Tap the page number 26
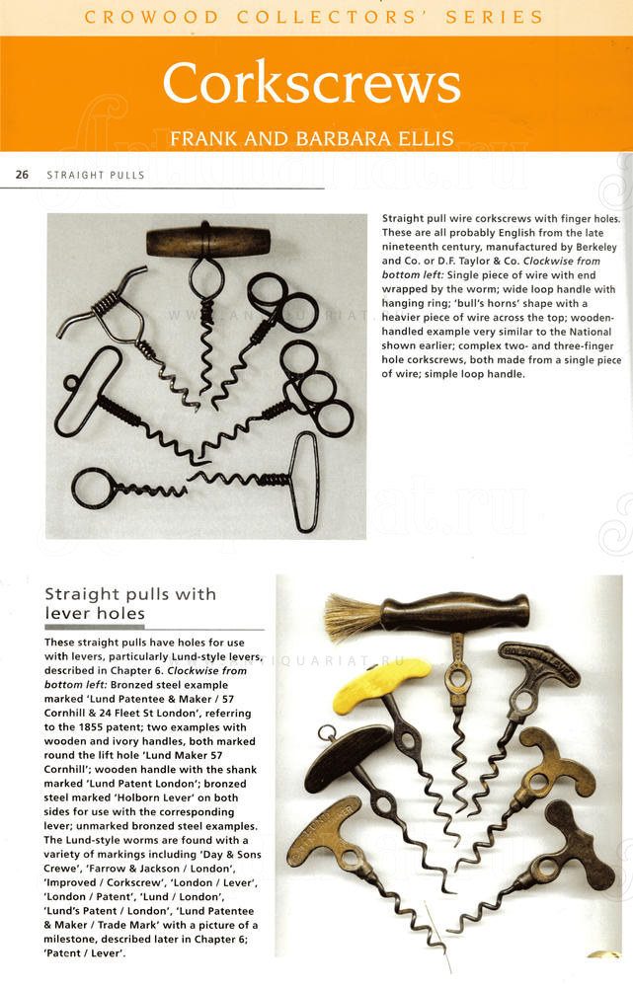pyautogui.click(x=22, y=175)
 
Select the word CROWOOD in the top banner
pyautogui.click(x=134, y=17)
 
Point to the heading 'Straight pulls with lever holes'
pyautogui.click(x=130, y=603)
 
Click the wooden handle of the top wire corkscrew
pyautogui.click(x=207, y=240)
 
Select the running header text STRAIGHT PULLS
pyautogui.click(x=95, y=176)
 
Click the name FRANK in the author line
pyautogui.click(x=203, y=138)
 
